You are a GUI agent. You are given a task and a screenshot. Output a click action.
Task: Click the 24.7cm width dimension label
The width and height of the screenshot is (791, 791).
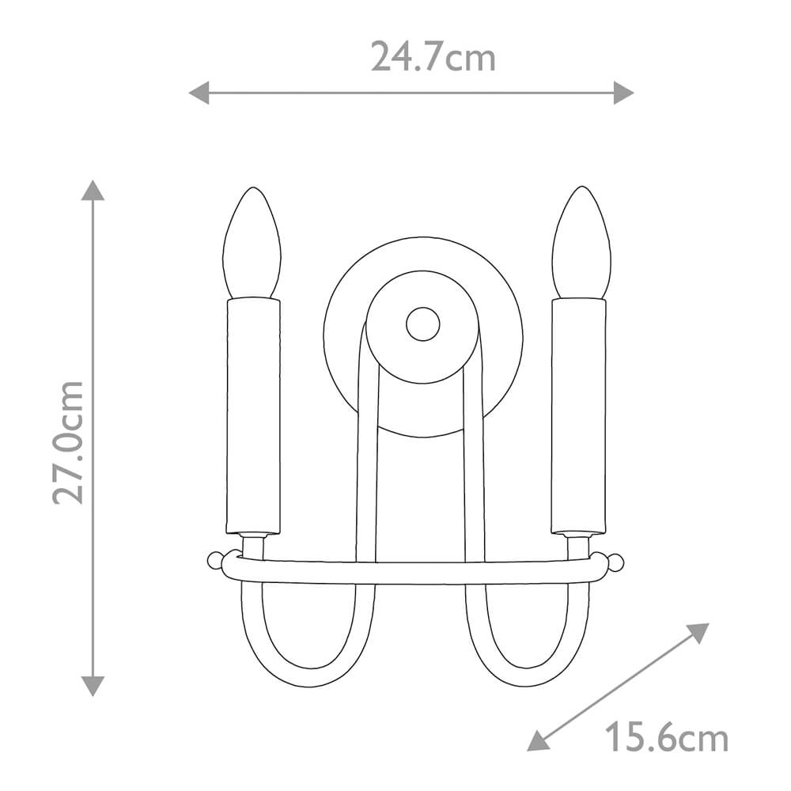pyautogui.click(x=433, y=56)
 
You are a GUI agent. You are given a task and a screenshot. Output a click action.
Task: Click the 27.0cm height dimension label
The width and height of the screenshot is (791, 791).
pyautogui.click(x=68, y=442)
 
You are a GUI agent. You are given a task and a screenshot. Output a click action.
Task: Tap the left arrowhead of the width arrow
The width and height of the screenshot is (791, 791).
pyautogui.click(x=199, y=93)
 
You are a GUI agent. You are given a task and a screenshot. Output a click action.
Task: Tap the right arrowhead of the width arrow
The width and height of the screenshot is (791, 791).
pyautogui.click(x=623, y=93)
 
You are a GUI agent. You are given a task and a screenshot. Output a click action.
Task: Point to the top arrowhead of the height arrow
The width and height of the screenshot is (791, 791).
pyautogui.click(x=93, y=190)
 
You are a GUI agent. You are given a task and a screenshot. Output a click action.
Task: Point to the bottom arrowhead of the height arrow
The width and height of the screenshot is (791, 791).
pyautogui.click(x=93, y=686)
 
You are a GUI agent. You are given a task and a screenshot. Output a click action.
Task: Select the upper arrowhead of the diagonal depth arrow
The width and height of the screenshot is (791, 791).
pyautogui.click(x=698, y=632)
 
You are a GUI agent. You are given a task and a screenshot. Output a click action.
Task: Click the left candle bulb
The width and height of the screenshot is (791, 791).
pyautogui.click(x=252, y=243)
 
